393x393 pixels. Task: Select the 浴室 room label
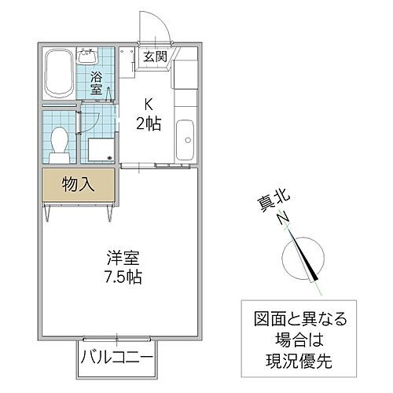click(95, 84)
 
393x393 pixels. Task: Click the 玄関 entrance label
click(153, 57)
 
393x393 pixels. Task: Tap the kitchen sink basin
click(186, 140)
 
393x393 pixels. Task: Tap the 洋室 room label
click(125, 257)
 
